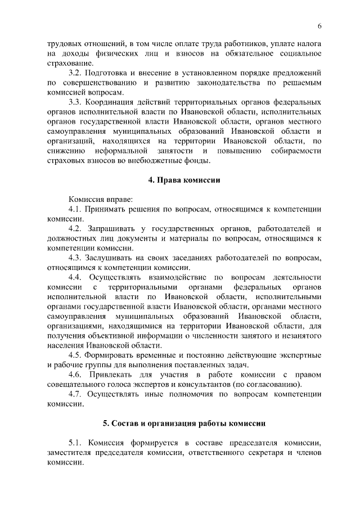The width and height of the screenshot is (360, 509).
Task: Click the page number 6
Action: (319, 26)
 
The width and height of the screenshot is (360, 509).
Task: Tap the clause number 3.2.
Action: (75, 73)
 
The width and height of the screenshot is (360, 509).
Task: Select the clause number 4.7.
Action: (75, 394)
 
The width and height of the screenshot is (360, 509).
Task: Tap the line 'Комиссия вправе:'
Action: (101, 200)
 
